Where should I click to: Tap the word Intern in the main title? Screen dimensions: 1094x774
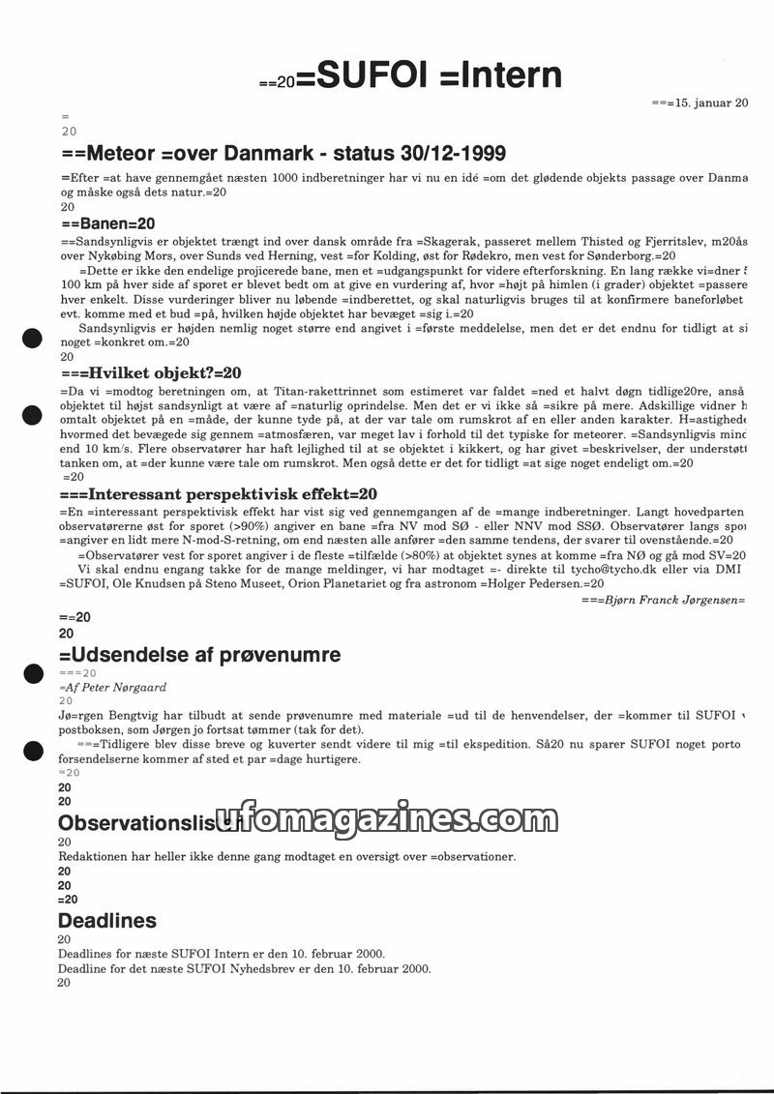507,75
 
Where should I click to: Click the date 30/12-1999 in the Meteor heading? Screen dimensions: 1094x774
451,154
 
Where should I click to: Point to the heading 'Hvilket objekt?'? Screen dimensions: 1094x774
155,372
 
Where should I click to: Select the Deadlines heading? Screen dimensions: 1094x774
106,920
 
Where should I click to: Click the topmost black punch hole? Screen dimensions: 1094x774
31,339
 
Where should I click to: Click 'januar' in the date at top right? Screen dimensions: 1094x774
711,103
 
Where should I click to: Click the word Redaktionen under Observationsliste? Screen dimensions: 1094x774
97,857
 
